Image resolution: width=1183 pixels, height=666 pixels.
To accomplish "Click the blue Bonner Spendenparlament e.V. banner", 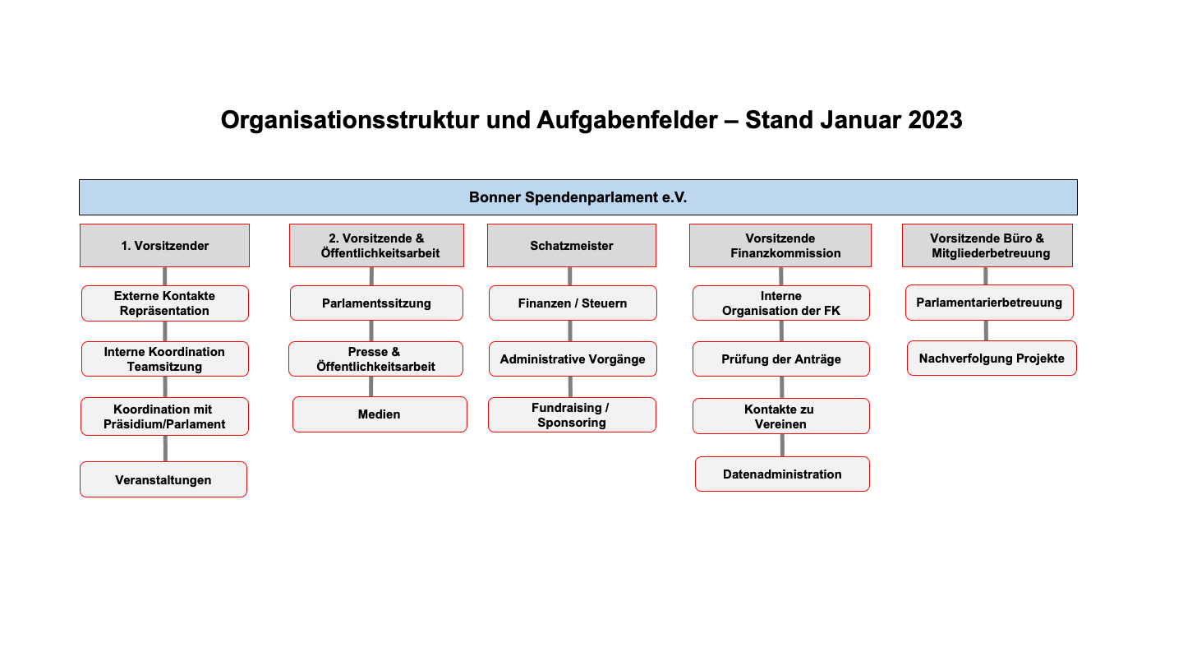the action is [578, 197].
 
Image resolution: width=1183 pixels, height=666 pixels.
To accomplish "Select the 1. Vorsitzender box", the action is [165, 245].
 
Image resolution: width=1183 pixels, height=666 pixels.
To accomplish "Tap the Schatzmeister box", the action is [572, 245].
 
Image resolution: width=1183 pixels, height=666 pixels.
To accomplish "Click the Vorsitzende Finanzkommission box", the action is [780, 245].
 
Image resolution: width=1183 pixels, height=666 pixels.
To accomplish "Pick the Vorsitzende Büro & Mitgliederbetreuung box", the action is [987, 245].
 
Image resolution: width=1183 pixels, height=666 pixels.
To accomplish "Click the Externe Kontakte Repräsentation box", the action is [165, 303].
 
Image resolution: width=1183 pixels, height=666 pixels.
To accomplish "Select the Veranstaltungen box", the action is [163, 479].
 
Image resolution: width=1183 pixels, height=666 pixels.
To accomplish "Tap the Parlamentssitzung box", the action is [376, 303].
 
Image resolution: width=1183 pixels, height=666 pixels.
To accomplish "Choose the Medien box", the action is [380, 414].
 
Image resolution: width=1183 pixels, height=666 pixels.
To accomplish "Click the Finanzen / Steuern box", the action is [573, 303].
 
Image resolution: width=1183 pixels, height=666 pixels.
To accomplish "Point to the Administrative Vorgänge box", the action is [573, 358].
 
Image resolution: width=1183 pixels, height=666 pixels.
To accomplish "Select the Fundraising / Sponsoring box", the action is [572, 415].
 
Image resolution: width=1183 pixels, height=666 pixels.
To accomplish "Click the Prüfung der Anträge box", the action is [781, 358].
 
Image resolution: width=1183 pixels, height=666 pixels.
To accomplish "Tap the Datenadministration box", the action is [782, 474].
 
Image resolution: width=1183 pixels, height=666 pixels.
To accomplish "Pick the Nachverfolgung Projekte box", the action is [992, 358].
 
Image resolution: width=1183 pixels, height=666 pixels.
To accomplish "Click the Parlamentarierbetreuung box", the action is [989, 303].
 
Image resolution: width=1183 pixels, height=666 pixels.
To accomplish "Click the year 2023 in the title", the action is [935, 120].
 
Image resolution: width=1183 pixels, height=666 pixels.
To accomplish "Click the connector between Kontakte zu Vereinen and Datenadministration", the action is [782, 445].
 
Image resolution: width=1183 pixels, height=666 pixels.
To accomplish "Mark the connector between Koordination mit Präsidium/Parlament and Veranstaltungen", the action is [165, 449].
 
